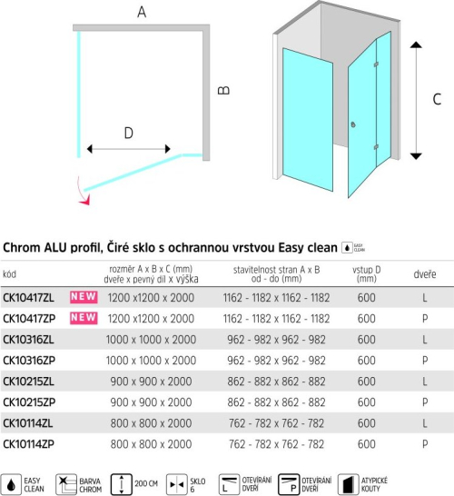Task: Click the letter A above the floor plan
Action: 142,12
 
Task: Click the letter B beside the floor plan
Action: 224,91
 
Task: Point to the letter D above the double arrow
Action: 128,134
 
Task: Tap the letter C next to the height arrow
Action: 437,99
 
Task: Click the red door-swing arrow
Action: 84,193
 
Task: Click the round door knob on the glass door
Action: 353,124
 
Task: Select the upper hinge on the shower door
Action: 376,64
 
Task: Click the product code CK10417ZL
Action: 28,298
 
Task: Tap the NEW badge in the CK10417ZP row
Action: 84,318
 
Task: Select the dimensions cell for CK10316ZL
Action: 151,340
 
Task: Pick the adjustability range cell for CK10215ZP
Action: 276,402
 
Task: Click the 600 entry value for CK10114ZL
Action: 367,423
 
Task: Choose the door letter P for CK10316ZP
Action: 425,361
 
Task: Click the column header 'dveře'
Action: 425,274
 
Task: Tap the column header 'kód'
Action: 9,274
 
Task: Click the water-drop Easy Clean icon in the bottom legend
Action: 11,484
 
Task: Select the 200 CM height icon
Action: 122,484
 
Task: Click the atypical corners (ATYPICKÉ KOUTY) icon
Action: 348,484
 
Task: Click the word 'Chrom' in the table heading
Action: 22,247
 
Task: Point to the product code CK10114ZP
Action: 28,444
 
